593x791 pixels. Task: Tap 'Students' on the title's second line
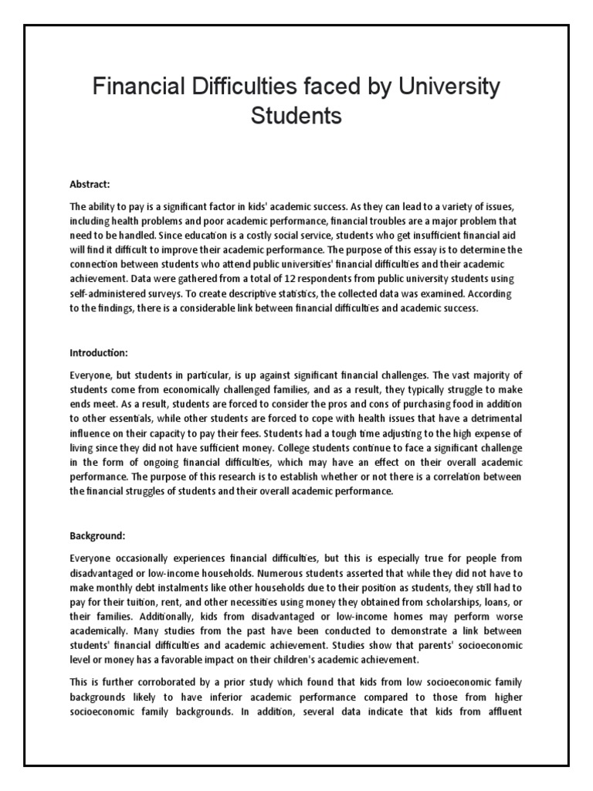click(x=296, y=117)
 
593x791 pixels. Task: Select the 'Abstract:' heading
click(x=90, y=185)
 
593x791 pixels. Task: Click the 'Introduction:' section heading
click(x=98, y=353)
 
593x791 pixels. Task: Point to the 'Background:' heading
click(x=97, y=514)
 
